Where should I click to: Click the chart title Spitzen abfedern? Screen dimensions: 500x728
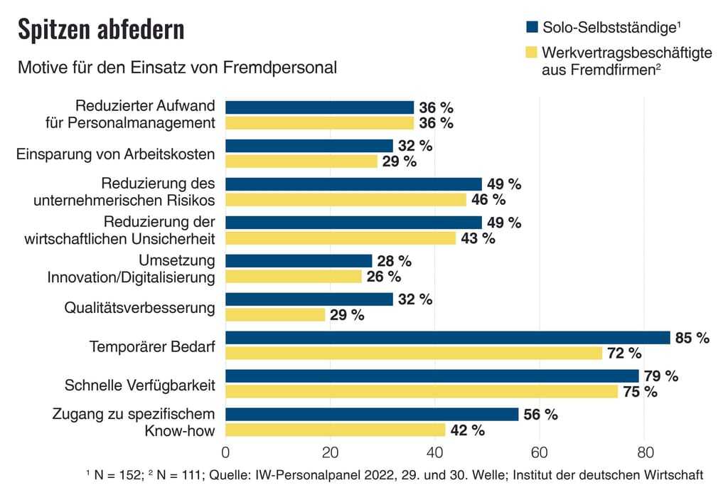coord(100,30)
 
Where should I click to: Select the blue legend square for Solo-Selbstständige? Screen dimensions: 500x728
coord(531,28)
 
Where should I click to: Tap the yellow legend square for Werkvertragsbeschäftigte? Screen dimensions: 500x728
coord(531,53)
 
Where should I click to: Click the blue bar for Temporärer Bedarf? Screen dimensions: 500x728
coord(448,338)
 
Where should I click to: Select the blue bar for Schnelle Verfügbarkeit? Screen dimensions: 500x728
coord(432,376)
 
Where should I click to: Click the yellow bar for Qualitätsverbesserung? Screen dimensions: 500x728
coord(275,315)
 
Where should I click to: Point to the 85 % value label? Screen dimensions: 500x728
coord(692,339)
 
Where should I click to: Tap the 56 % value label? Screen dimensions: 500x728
coord(540,415)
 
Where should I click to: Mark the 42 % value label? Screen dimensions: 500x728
coord(467,431)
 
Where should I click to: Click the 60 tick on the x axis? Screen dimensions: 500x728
coord(540,452)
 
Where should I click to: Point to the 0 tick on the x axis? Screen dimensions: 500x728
coord(225,452)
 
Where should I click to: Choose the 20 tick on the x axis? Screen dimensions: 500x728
coord(330,452)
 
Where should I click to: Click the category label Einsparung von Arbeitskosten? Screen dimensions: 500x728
coord(115,154)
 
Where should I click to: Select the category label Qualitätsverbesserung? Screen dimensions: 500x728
coord(139,308)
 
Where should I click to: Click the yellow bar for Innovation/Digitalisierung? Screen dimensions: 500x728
coord(293,277)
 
